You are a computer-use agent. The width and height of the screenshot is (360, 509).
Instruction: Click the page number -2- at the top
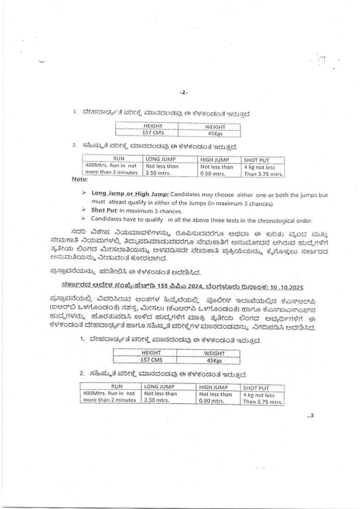(x=182, y=92)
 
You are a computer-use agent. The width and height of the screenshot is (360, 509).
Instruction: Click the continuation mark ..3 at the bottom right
(x=311, y=417)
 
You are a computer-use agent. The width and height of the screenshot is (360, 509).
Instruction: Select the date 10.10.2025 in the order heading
(x=270, y=286)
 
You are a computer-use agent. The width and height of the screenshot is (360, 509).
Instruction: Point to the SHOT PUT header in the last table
(x=257, y=387)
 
